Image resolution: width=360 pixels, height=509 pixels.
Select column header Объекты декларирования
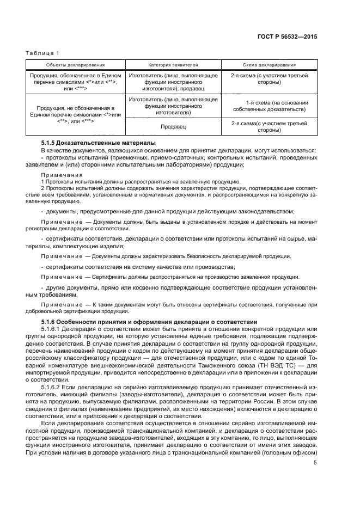76,64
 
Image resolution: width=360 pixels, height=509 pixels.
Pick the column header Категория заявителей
173,64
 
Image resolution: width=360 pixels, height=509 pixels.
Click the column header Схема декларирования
270,64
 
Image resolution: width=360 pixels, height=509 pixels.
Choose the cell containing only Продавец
173,127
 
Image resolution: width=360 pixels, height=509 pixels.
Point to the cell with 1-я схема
270,106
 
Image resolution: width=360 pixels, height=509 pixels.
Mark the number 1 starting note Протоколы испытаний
42,181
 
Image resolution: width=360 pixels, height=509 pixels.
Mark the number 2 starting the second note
42,188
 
